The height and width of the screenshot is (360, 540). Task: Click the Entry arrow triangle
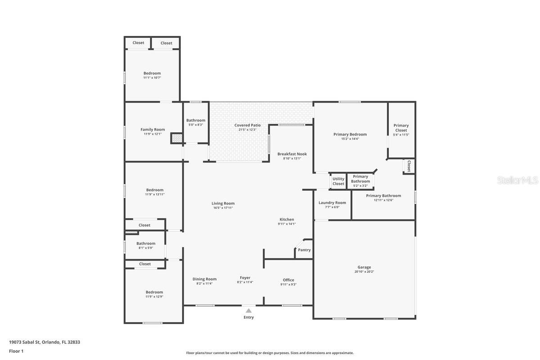tap(248, 310)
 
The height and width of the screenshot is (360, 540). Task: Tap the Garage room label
tap(364, 267)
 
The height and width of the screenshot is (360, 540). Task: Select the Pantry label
tap(304, 250)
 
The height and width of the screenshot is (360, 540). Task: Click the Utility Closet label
tap(338, 181)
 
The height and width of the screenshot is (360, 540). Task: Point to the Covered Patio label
tap(247, 125)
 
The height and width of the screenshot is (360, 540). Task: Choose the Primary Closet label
tap(401, 128)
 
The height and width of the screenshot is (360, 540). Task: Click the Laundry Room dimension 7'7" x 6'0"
tap(332, 207)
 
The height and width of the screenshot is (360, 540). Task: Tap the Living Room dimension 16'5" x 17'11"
tap(223, 207)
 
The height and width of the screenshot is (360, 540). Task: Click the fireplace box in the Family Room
tap(176, 139)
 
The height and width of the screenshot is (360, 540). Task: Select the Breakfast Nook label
tap(292, 154)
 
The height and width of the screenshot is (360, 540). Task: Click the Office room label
tap(288, 280)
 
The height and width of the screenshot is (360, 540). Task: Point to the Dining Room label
tap(205, 279)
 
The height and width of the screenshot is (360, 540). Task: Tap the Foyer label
tap(245, 278)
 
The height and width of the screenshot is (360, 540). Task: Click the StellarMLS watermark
tap(517, 180)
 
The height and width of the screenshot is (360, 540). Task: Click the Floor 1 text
tap(16, 351)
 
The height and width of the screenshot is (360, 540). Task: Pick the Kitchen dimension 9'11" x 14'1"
tap(287, 224)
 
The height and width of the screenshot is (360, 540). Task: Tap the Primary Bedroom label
tap(350, 134)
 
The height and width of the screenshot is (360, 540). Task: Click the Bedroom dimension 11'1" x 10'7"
tap(152, 77)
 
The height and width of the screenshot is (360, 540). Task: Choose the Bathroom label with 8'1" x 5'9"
tap(146, 243)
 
